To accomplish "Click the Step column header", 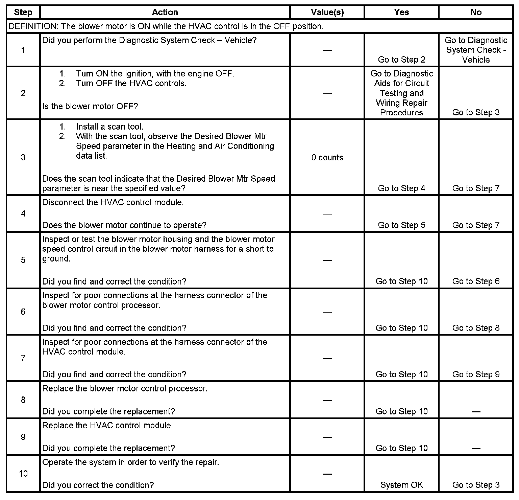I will click(23, 13).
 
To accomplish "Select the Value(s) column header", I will click(327, 13).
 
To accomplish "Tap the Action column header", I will click(165, 13).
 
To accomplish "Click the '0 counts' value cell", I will click(327, 158).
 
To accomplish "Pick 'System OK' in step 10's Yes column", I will click(401, 485).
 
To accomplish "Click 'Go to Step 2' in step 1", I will click(401, 60).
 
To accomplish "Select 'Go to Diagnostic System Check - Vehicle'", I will click(476, 50).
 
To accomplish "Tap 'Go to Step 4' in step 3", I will click(401, 188).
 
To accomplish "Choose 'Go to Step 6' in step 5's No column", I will click(476, 281).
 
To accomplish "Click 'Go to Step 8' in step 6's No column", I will click(476, 328).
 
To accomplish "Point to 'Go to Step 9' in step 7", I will click(476, 374).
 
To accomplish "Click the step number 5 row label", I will click(23, 260).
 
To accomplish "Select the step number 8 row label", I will click(23, 400).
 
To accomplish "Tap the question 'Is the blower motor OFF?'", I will click(90, 106).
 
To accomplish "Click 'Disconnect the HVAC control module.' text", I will click(113, 203).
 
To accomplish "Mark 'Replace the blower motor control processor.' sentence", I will click(125, 389).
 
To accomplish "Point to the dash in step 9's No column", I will click(476, 449).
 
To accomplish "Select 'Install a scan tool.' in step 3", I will click(109, 127).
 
